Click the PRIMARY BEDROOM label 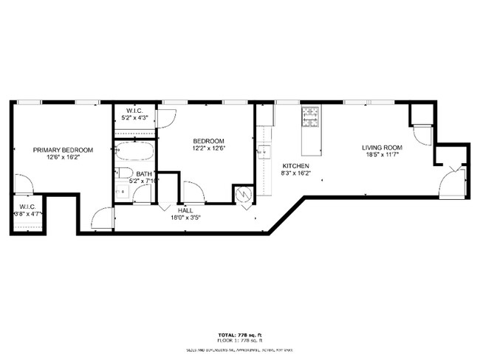[x=62, y=150]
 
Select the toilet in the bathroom [x=124, y=174]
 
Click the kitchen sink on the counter [x=264, y=152]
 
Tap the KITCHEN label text [x=295, y=166]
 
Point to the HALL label [x=185, y=210]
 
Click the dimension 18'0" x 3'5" [x=185, y=218]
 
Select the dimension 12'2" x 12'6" [x=208, y=148]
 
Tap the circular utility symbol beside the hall [x=243, y=195]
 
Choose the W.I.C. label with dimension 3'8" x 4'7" [x=27, y=207]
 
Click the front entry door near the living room [x=450, y=184]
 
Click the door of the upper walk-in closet [x=167, y=117]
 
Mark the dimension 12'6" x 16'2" [x=62, y=157]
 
